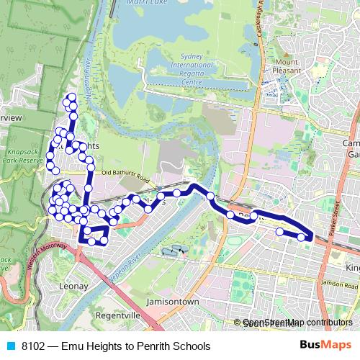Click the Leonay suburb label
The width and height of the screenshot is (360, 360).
tap(73, 286)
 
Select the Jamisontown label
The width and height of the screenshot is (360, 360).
tap(172, 301)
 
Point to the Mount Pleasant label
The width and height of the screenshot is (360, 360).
tap(286, 66)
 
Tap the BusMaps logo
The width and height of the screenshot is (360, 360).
tap(325, 346)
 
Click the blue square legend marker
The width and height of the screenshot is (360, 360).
tap(10, 346)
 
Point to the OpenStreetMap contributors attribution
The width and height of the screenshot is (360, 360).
tap(297, 323)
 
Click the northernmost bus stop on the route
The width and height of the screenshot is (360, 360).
tap(71, 96)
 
